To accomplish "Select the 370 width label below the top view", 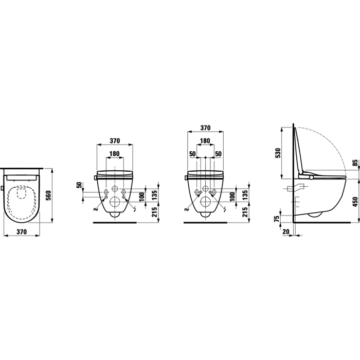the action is coord(22,231).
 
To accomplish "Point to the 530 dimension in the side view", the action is coord(278,153).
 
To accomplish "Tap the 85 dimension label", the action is coord(355,163).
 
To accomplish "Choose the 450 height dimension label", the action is coord(355,202).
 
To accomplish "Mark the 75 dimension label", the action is coord(277,219).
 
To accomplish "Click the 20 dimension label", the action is coord(286,232).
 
